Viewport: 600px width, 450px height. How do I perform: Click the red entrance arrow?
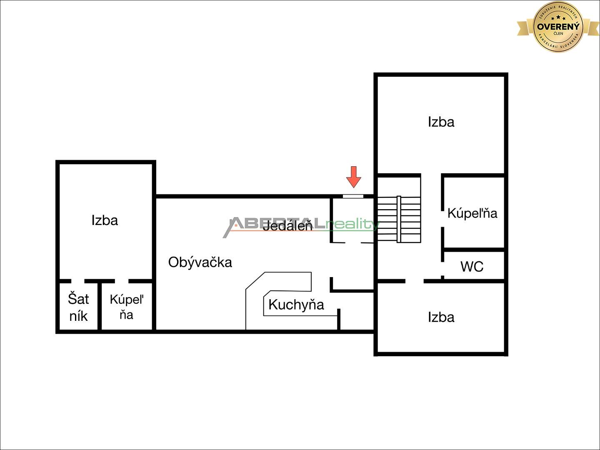coord(354,177)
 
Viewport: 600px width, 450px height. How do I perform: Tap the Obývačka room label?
coord(200,262)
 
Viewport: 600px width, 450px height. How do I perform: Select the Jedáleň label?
coord(287,226)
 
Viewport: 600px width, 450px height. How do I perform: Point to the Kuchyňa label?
coord(296,305)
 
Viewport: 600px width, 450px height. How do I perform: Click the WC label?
coord(472,266)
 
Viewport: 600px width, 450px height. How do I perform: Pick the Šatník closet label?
coord(78,307)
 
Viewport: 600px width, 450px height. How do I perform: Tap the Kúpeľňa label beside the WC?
coord(472,213)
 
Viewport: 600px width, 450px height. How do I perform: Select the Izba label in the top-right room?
coord(441,122)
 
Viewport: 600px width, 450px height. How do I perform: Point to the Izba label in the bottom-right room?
coord(441,317)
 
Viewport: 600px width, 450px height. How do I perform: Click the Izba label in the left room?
coord(105,220)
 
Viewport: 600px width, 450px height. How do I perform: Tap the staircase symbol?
coord(399,219)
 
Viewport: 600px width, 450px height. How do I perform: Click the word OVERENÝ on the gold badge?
coord(558,27)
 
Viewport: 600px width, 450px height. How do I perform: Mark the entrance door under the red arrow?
coord(353,196)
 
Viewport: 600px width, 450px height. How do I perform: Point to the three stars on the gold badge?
coord(558,18)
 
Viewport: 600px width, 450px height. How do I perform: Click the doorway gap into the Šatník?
coord(78,281)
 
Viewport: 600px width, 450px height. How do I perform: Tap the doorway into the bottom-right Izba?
coord(414,281)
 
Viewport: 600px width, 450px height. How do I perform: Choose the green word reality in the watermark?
coord(352,225)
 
